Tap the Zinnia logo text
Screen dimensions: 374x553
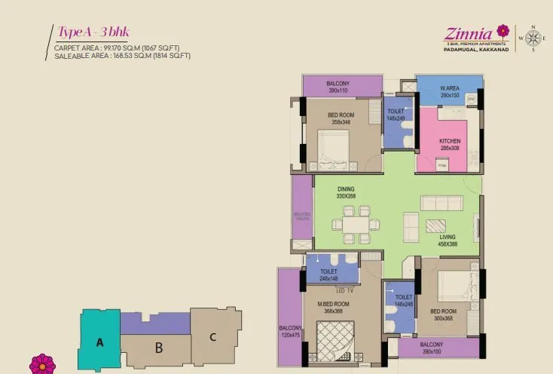pos(468,33)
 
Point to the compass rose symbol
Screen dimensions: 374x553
pos(533,38)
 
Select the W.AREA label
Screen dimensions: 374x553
pos(450,92)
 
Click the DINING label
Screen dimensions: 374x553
pos(346,192)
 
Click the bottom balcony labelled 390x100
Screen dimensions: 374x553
pos(432,348)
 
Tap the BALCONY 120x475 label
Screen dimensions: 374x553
pos(290,330)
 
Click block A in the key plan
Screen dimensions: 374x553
pos(99,342)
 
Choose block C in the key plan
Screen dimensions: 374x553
pos(213,337)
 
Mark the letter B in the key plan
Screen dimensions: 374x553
pos(159,349)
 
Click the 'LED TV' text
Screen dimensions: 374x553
pos(345,290)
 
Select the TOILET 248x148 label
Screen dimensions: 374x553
pos(328,274)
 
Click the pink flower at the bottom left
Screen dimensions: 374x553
pos(42,364)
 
